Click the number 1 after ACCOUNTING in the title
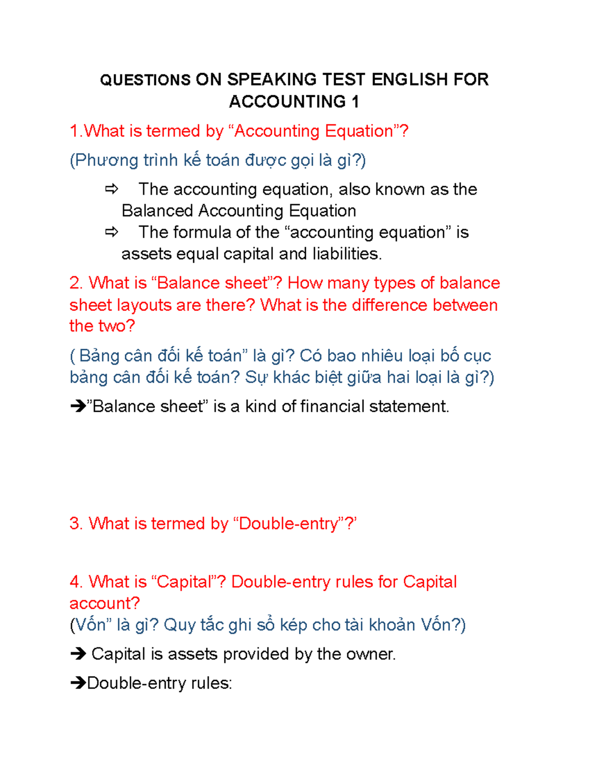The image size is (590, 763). coord(355,102)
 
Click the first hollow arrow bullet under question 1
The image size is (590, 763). coord(112,189)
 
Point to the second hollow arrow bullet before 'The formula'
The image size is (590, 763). coord(112,232)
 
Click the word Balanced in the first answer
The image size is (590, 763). coord(157,211)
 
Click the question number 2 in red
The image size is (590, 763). coord(76,283)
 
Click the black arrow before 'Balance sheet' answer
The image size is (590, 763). coord(78,406)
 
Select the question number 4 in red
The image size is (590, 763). coord(76,582)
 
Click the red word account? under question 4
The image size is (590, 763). coord(104,603)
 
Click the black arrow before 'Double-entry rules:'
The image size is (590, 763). coord(78,683)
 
